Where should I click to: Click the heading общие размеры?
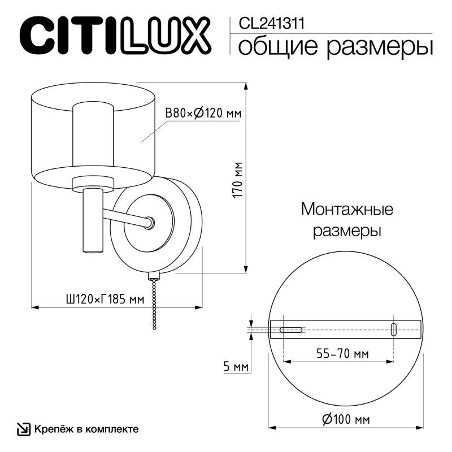(x=336, y=46)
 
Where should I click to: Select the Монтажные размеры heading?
(x=346, y=220)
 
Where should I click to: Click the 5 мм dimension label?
(x=236, y=367)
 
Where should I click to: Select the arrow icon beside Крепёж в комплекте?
(x=24, y=429)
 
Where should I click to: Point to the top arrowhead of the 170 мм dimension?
(x=246, y=86)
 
